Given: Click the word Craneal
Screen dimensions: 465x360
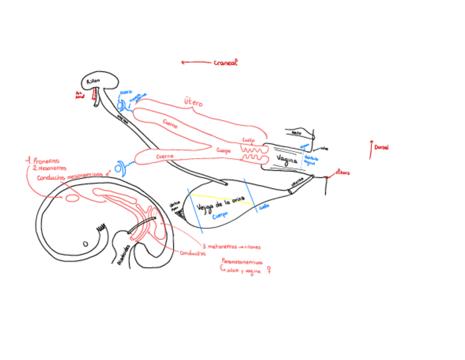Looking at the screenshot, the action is pyautogui.click(x=225, y=63).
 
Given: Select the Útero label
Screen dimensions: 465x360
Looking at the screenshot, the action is pyautogui.click(x=193, y=102).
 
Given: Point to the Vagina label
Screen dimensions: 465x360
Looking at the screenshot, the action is pyautogui.click(x=287, y=160).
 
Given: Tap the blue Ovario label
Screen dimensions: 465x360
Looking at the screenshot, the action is pyautogui.click(x=126, y=93).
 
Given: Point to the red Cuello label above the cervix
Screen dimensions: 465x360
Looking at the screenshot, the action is pyautogui.click(x=248, y=140).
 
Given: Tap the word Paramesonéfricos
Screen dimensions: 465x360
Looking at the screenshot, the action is pyautogui.click(x=241, y=262).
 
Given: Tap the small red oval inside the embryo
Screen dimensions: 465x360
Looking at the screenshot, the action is pyautogui.click(x=72, y=198).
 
